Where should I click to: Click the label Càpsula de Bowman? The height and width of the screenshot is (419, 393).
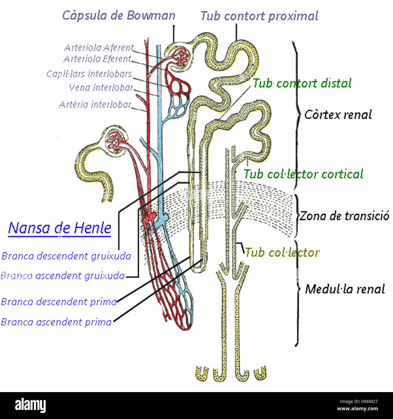pos(119,15)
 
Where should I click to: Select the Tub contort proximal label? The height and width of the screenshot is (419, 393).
pos(259,16)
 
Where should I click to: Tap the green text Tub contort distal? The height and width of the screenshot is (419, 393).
pos(302,83)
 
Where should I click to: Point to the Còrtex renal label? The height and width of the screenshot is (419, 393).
pos(338,115)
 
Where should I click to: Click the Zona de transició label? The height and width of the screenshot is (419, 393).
pos(344,216)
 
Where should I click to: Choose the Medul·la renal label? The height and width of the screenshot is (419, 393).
pos(345,289)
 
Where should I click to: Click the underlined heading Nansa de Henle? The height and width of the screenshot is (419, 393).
pos(60,228)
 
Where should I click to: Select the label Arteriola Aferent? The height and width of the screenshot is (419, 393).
pos(99,48)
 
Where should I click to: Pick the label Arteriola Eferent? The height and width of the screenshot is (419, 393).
pos(97,59)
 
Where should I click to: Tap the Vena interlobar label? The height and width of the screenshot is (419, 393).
pos(101,88)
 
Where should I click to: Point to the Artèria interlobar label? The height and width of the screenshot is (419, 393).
pos(95,105)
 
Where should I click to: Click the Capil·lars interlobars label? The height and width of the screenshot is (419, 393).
pos(89,74)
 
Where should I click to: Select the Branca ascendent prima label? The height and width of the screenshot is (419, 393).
pos(56,322)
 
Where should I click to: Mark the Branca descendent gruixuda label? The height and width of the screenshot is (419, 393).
pos(66,256)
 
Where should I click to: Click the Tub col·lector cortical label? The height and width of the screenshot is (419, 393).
pos(303,174)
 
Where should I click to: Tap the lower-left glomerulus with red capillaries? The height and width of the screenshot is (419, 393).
pos(115,141)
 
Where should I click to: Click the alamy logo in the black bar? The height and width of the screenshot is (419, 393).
pos(30,405)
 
